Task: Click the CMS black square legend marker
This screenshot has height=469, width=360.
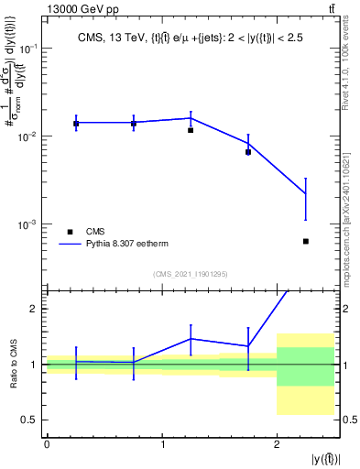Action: [70, 232]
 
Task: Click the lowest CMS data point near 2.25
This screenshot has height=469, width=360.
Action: [305, 241]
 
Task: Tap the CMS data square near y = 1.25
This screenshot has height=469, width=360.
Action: [191, 130]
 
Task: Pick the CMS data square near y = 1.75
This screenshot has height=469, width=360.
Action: [248, 152]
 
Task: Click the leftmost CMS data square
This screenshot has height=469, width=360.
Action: [75, 123]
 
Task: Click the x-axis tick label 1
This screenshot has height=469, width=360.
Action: [162, 444]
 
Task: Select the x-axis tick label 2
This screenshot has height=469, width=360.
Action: [277, 444]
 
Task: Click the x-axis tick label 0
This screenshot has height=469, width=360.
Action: [47, 444]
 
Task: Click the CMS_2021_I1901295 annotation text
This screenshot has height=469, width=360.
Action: [190, 274]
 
